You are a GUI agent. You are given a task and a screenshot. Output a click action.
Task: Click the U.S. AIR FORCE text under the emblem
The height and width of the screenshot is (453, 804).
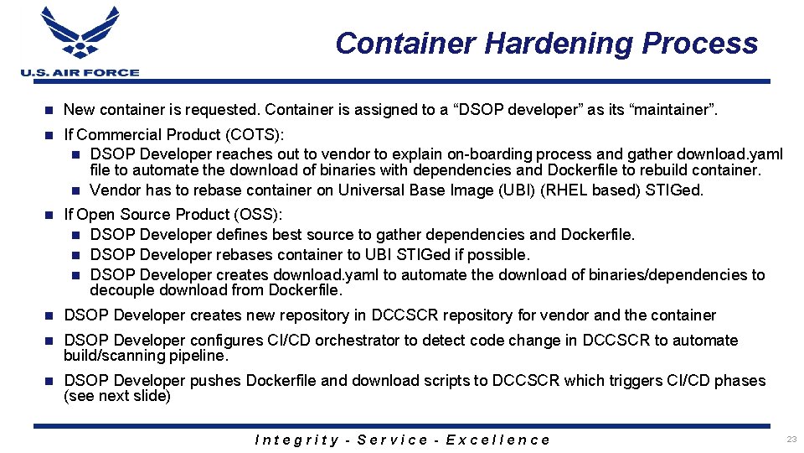tap(80, 73)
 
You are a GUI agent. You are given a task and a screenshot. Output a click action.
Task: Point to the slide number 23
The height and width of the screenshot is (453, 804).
tap(791, 439)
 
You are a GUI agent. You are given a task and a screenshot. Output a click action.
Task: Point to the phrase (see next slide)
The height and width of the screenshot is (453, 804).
tap(117, 396)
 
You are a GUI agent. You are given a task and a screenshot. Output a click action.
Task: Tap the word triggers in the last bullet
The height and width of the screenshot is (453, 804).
tap(592, 381)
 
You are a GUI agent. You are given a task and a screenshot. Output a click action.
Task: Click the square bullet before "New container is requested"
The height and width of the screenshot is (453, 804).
tap(49, 110)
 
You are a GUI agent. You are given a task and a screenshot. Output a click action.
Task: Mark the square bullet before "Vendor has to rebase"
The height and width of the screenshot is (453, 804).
tap(75, 190)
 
